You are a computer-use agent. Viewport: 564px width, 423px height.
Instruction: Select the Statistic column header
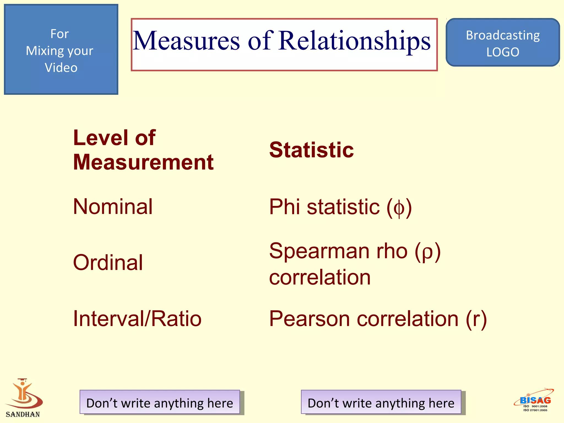(x=311, y=150)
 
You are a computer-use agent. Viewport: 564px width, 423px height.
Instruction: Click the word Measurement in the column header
(x=143, y=162)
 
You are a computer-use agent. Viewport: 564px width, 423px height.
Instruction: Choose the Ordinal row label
(x=108, y=262)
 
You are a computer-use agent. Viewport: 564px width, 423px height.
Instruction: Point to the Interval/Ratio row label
(x=137, y=319)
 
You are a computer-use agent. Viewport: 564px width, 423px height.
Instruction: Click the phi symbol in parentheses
(x=399, y=208)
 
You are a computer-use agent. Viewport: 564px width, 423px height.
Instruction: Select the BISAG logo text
(x=535, y=400)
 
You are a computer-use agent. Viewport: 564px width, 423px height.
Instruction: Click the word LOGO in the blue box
(x=503, y=52)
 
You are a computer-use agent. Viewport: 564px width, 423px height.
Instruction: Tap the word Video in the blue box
(x=61, y=68)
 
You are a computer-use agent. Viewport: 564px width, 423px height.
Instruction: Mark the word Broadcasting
(x=503, y=35)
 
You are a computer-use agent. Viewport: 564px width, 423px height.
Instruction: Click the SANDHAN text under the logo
(x=23, y=414)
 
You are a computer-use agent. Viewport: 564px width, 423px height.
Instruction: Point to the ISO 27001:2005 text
(x=535, y=410)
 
